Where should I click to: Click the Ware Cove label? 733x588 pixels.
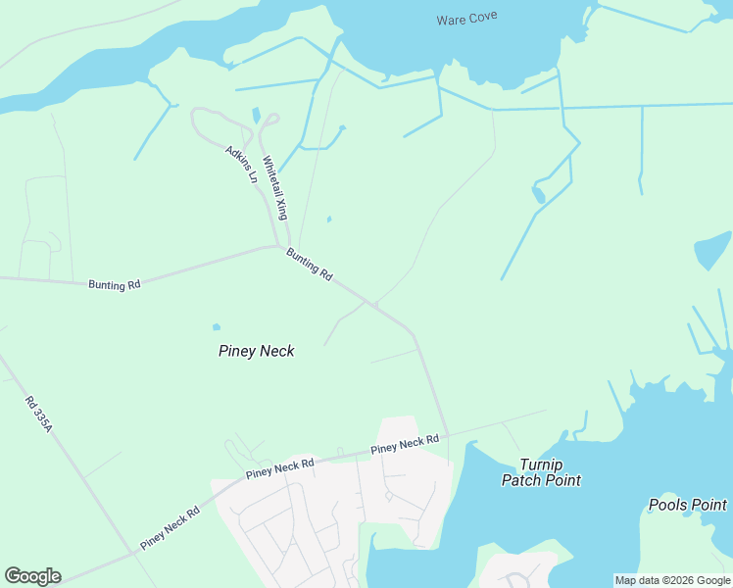[467, 19]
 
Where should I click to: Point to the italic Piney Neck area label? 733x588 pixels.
[256, 350]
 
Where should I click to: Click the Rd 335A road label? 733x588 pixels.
[38, 409]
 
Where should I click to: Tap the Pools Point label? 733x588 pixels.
[688, 505]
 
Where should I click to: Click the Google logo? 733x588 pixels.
[32, 576]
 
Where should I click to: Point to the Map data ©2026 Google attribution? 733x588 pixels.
[672, 580]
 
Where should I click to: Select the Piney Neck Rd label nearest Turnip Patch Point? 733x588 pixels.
[405, 444]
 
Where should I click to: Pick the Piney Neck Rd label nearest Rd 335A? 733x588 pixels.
[170, 527]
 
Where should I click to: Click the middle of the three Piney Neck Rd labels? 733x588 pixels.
[280, 467]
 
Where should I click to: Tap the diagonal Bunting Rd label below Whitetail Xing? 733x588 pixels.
[310, 264]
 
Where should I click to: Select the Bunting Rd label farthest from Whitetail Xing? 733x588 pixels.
[114, 285]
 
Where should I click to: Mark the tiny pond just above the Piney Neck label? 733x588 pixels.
[217, 327]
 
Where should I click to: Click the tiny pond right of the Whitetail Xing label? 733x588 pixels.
[328, 219]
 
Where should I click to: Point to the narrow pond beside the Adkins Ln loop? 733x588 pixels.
[257, 116]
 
